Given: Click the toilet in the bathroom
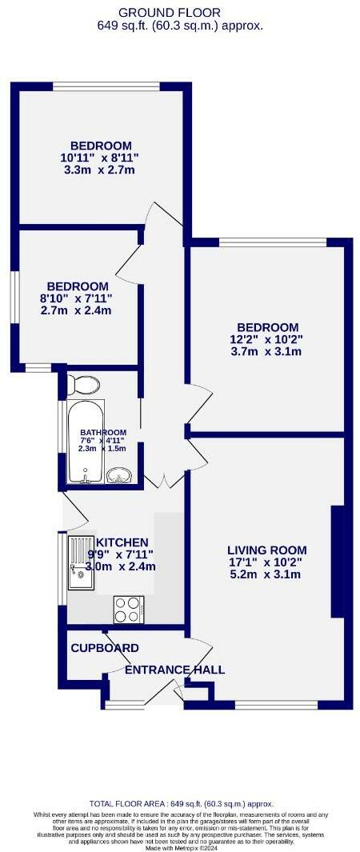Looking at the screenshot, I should pyautogui.click(x=83, y=385).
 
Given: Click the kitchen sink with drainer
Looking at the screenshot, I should pyautogui.click(x=81, y=562).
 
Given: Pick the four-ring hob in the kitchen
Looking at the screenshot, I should pyautogui.click(x=128, y=609).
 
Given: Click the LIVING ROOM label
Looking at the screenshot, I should pyautogui.click(x=267, y=550).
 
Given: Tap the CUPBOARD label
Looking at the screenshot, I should pyautogui.click(x=105, y=648).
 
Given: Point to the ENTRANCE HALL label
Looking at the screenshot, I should pyautogui.click(x=174, y=670).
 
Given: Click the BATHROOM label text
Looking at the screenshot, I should pyautogui.click(x=103, y=432).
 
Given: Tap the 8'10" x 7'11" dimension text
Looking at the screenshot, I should pyautogui.click(x=78, y=298).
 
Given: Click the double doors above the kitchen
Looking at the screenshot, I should pyautogui.click(x=164, y=482).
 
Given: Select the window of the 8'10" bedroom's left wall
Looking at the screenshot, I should pyautogui.click(x=14, y=298).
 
